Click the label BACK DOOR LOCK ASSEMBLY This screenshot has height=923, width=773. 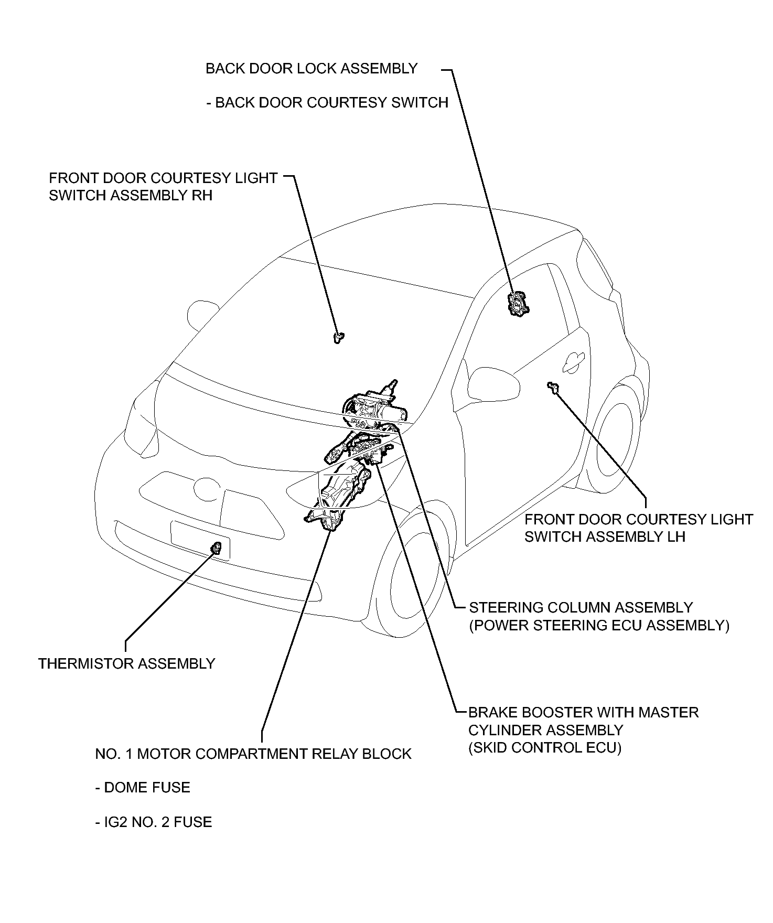point(312,69)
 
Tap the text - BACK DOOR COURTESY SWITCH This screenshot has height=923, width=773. point(328,102)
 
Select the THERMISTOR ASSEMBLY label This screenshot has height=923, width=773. point(127,663)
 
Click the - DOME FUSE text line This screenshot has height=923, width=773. point(143,787)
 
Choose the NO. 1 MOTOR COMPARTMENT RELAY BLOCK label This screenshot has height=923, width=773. point(253,754)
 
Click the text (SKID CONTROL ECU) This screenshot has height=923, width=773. point(545,747)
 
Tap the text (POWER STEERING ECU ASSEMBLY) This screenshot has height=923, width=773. point(599,625)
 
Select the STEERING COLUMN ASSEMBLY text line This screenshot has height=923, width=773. point(581,607)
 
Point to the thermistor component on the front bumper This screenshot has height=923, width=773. point(216,549)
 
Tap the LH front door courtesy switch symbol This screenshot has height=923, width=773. point(552,387)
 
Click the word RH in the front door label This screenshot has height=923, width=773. point(202,196)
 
